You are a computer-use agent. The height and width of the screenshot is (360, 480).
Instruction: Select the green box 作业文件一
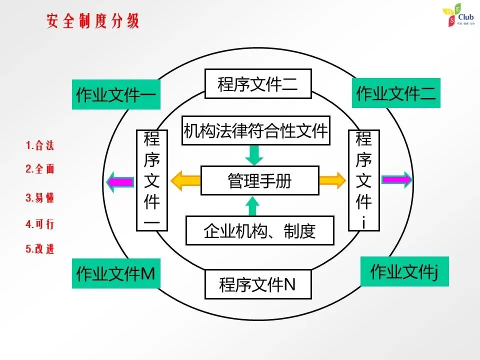116,94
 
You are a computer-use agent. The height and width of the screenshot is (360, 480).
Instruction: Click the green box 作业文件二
396,93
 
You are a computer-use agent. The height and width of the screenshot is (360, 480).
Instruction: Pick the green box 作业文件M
116,273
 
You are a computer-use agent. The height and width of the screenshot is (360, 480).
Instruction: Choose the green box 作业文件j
404,272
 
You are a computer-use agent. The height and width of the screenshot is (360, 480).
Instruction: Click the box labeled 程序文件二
258,83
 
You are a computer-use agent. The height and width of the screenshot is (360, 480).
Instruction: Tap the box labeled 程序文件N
258,284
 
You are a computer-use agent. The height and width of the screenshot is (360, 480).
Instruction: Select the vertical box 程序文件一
151,180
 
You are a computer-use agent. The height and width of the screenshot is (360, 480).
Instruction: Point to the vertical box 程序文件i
364,180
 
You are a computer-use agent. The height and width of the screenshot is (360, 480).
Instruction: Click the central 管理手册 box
259,180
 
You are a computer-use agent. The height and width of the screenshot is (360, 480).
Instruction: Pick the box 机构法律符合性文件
255,130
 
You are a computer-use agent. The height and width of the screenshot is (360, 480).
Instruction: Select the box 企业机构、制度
259,230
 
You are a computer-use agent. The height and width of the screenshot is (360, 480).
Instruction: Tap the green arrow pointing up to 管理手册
254,205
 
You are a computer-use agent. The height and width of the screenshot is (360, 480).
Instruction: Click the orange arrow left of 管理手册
185,180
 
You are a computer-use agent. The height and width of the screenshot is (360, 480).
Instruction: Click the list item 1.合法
39,146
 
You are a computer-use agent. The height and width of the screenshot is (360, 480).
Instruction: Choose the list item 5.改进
39,249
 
